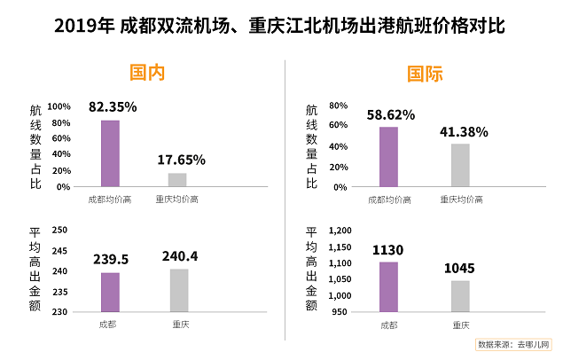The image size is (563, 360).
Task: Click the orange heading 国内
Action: [x=147, y=73]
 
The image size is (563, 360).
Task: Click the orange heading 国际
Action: [x=425, y=73]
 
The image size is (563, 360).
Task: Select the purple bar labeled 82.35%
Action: [x=110, y=153]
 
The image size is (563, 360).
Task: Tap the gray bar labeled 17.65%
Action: [x=177, y=180]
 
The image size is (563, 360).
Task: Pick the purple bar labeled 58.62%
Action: [x=388, y=157]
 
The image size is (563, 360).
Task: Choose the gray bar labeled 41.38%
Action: [x=460, y=165]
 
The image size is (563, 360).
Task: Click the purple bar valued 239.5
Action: [x=110, y=292]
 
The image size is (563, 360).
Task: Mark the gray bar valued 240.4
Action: [x=179, y=290]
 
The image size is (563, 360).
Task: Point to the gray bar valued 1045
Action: [x=460, y=296]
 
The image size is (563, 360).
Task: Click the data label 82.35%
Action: [x=113, y=107]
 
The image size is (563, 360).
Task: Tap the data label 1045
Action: [x=459, y=267]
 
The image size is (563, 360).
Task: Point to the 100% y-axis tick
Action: [x=59, y=106]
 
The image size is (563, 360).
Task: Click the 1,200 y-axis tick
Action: [x=340, y=230]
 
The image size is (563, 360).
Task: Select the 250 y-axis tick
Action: [x=61, y=230]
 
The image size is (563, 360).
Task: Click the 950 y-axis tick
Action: [x=344, y=312]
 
